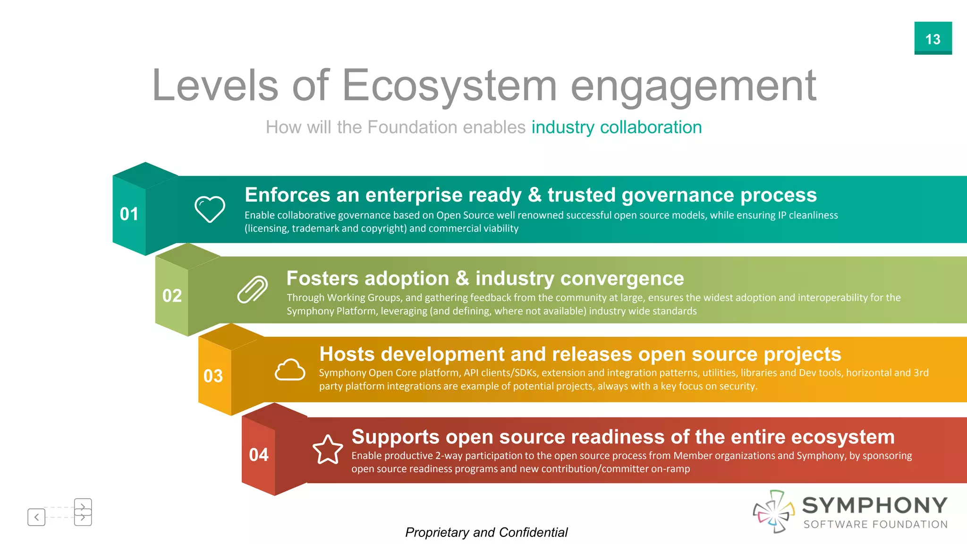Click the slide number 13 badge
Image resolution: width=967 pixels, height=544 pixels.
tap(933, 38)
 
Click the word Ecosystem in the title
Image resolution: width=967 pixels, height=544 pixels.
tap(449, 86)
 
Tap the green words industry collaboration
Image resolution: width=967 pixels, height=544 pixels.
tap(616, 127)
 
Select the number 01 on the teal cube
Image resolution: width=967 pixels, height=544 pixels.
tap(129, 214)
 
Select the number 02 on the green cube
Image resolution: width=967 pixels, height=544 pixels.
tap(172, 296)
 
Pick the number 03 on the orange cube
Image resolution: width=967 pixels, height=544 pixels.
tap(213, 376)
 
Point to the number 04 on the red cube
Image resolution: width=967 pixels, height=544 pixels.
tap(258, 455)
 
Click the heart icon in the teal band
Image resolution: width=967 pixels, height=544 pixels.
tap(210, 209)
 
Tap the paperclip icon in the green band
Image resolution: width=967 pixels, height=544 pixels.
tap(252, 289)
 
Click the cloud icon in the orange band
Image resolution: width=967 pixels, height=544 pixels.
tap(290, 370)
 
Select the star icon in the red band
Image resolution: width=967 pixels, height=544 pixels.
tap(328, 450)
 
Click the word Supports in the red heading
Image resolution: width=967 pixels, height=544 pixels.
tap(395, 437)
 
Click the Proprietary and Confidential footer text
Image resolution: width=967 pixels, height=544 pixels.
tap(486, 533)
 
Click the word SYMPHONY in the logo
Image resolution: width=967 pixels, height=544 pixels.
tap(874, 506)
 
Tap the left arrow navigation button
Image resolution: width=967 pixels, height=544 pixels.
tap(36, 517)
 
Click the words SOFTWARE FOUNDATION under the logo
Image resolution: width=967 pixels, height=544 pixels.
tap(875, 525)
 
